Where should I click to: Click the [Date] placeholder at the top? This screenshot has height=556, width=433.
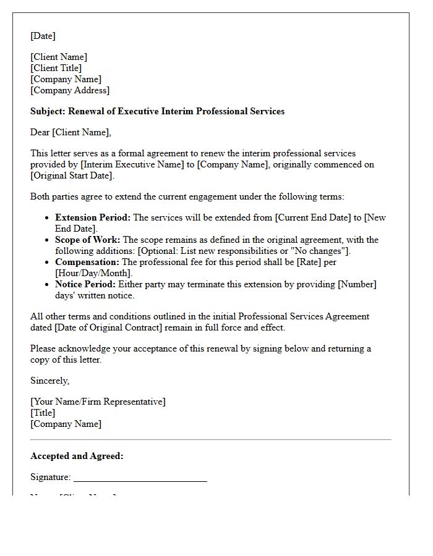[43, 36]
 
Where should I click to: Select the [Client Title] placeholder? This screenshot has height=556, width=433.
[56, 68]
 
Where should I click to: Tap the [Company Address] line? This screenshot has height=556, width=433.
[70, 90]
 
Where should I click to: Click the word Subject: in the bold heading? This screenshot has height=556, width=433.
[48, 111]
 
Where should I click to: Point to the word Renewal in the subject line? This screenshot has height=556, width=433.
[86, 111]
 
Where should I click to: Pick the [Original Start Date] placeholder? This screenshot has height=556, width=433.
[72, 175]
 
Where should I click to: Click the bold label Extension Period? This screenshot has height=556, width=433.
[93, 217]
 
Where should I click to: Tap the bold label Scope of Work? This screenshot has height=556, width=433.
[88, 240]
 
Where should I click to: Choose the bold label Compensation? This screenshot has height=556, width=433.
[87, 262]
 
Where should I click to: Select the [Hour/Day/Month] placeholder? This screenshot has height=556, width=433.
[93, 273]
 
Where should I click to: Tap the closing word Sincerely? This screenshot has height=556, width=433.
[50, 381]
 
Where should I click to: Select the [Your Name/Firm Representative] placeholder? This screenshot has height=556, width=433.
[98, 402]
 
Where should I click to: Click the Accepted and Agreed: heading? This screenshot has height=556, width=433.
[77, 456]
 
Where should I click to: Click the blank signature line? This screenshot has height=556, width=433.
[140, 479]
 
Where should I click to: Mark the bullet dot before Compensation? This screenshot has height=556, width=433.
[48, 262]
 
